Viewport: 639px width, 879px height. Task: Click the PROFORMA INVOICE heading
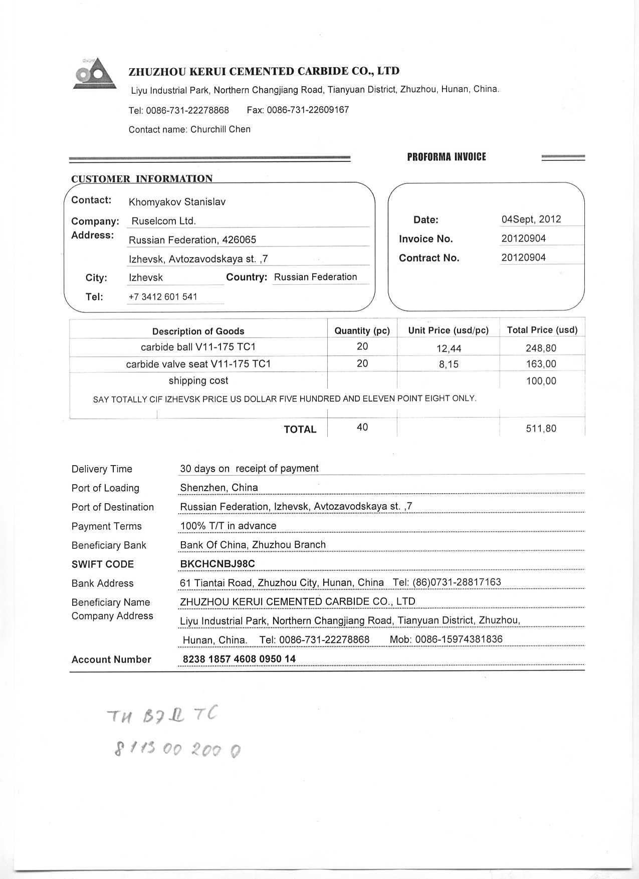446,157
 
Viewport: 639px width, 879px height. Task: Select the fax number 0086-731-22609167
307,110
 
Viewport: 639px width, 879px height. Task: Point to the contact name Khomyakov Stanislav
177,202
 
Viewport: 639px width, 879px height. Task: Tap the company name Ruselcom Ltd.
163,221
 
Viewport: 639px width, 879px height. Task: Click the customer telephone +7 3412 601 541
163,297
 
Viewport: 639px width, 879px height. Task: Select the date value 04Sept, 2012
531,219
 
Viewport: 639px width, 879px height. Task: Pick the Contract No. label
429,258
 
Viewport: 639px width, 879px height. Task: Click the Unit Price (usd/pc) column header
448,330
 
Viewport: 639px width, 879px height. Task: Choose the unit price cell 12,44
449,348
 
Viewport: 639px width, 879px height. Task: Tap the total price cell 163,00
541,364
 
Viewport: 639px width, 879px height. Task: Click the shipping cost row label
198,381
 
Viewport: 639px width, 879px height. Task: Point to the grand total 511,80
541,428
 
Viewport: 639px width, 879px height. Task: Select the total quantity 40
362,427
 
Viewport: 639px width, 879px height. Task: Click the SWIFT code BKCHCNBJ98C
217,564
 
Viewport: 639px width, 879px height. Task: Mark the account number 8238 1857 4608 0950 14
239,658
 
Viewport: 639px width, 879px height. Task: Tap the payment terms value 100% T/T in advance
228,526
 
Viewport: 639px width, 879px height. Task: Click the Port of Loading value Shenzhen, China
219,488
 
